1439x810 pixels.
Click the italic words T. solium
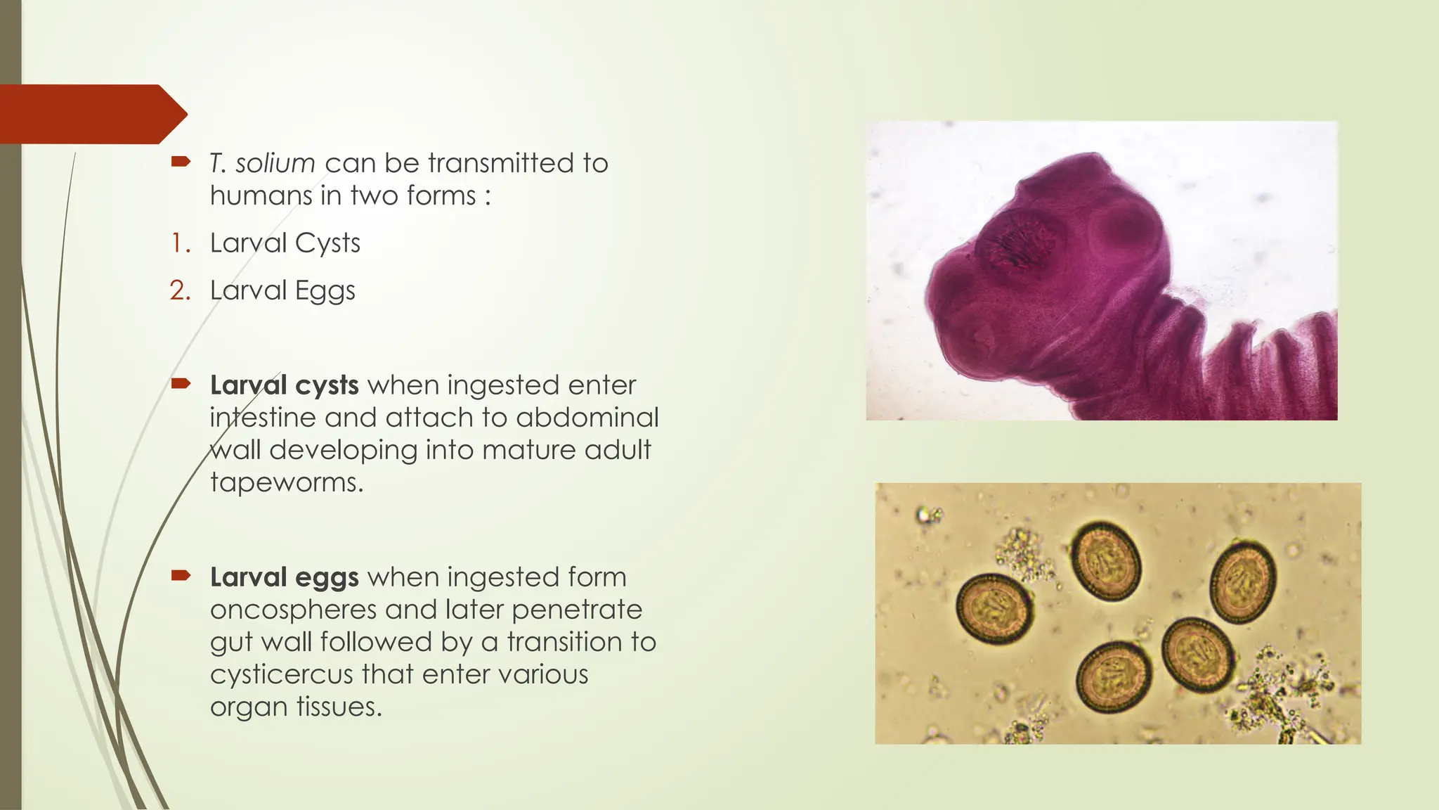click(262, 163)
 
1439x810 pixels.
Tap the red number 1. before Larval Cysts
click(181, 243)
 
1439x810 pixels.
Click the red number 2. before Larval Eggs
click(180, 290)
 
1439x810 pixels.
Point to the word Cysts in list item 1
click(327, 243)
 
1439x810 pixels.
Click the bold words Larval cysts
click(285, 385)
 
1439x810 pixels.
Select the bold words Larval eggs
click(285, 577)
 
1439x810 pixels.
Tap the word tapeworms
click(286, 482)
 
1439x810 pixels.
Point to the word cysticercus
click(280, 674)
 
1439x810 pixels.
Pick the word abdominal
click(587, 418)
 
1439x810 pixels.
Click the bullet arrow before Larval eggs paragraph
click(181, 576)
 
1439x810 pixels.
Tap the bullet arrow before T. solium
click(181, 162)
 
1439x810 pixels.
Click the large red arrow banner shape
click(91, 114)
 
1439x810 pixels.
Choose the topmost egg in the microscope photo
click(1106, 561)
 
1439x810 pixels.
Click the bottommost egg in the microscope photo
click(1114, 677)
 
